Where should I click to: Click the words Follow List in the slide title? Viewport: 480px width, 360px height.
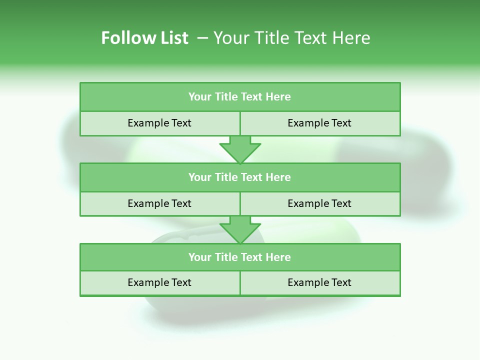[x=144, y=38]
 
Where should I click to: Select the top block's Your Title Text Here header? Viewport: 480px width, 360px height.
[x=239, y=97]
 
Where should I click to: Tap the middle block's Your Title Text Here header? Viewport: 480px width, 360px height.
[x=239, y=177]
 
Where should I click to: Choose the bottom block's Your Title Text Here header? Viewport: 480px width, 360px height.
[x=239, y=257]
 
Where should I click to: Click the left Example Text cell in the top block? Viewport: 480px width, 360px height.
[x=159, y=123]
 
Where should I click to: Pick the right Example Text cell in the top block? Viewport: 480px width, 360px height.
[x=319, y=123]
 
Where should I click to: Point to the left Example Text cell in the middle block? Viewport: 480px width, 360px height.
[x=159, y=203]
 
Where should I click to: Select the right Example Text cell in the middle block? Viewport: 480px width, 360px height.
[x=319, y=203]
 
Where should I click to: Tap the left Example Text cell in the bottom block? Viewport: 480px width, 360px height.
[x=159, y=282]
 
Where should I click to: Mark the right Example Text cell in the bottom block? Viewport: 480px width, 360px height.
[x=319, y=282]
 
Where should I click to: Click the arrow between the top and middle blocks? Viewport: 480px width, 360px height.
[x=240, y=149]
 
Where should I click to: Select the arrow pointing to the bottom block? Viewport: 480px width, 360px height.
[x=240, y=229]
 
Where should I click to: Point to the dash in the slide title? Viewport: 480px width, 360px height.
[x=202, y=38]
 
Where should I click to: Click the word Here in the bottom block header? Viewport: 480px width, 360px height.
[x=278, y=257]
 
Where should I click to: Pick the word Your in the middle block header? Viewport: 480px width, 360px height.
[x=199, y=177]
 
